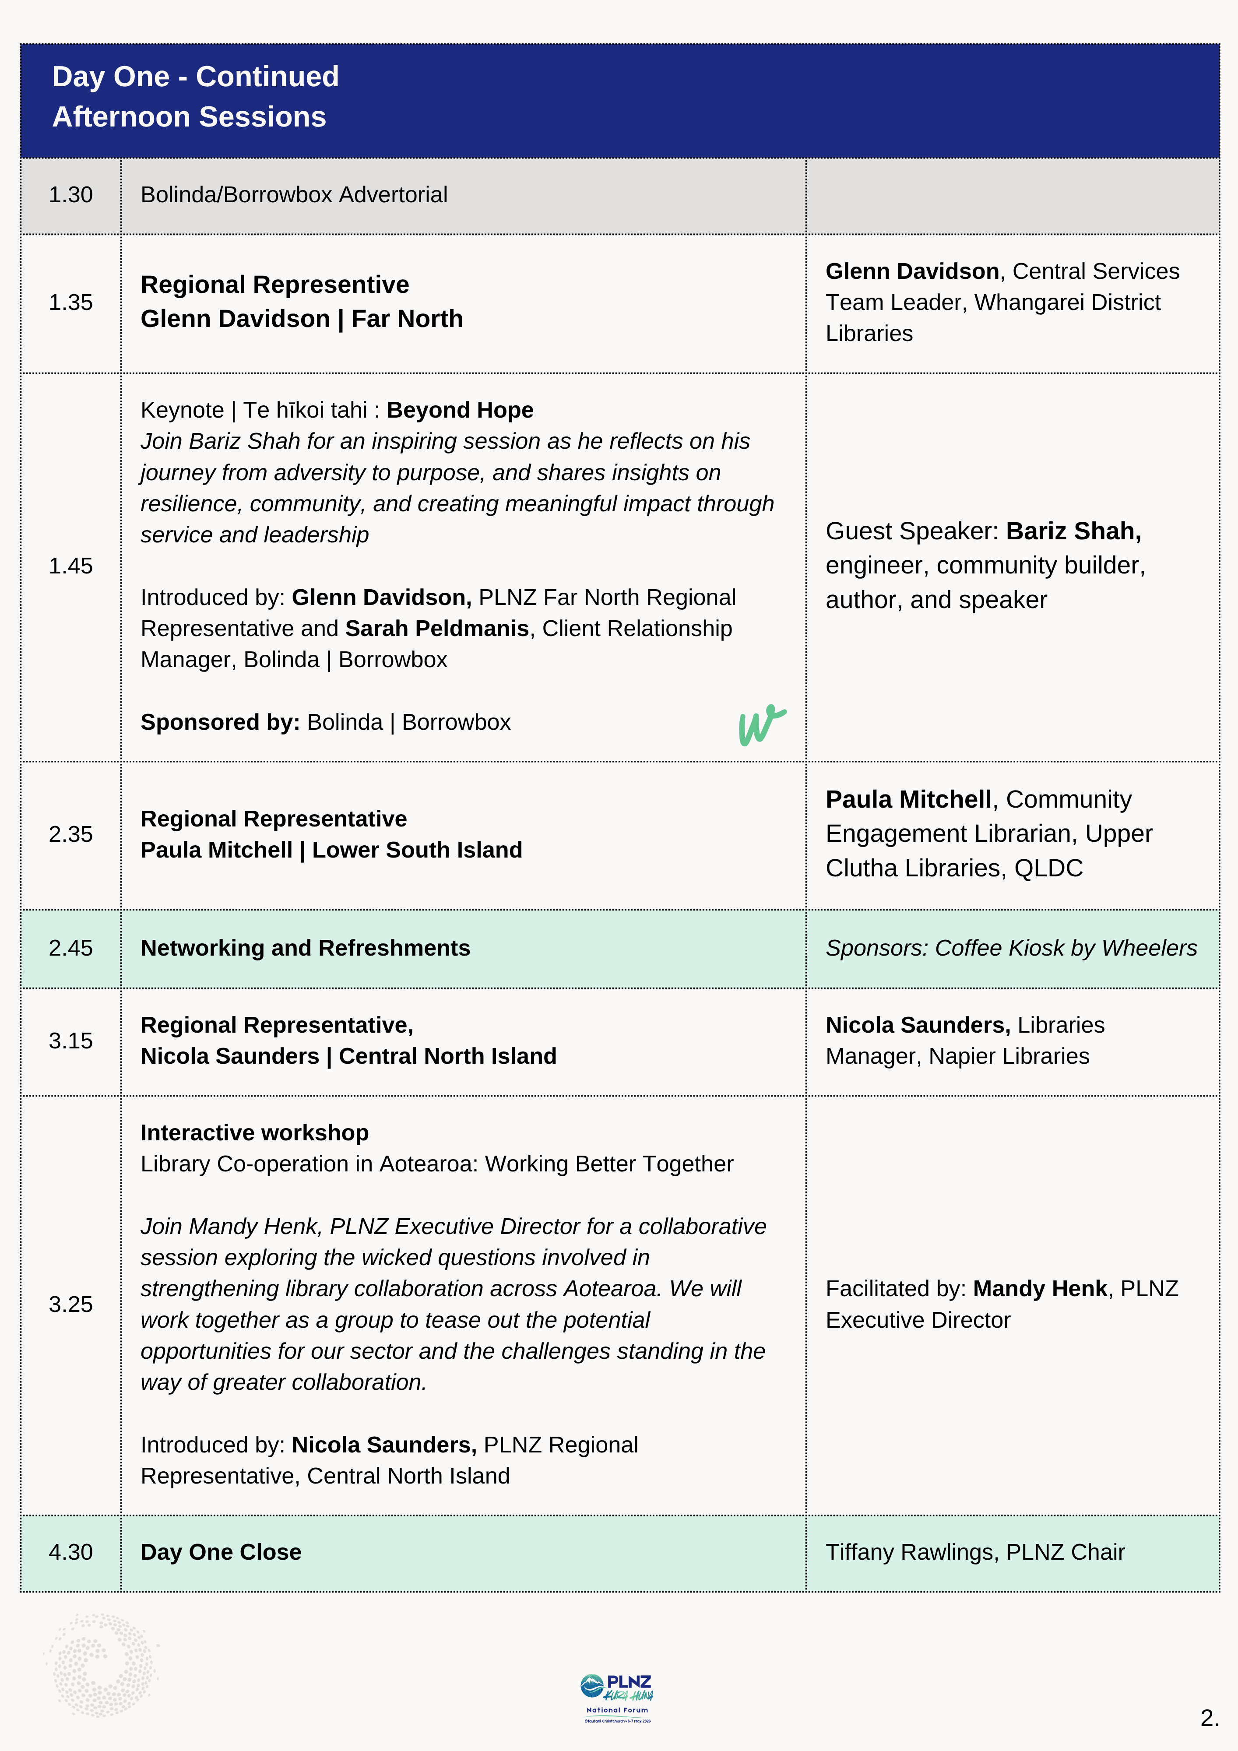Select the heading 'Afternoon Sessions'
[x=189, y=117]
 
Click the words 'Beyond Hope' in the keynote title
[x=460, y=410]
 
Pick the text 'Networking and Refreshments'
[x=305, y=948]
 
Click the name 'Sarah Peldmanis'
[x=437, y=629]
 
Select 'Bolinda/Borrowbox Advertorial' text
[x=294, y=195]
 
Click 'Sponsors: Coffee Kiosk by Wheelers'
[x=1011, y=948]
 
